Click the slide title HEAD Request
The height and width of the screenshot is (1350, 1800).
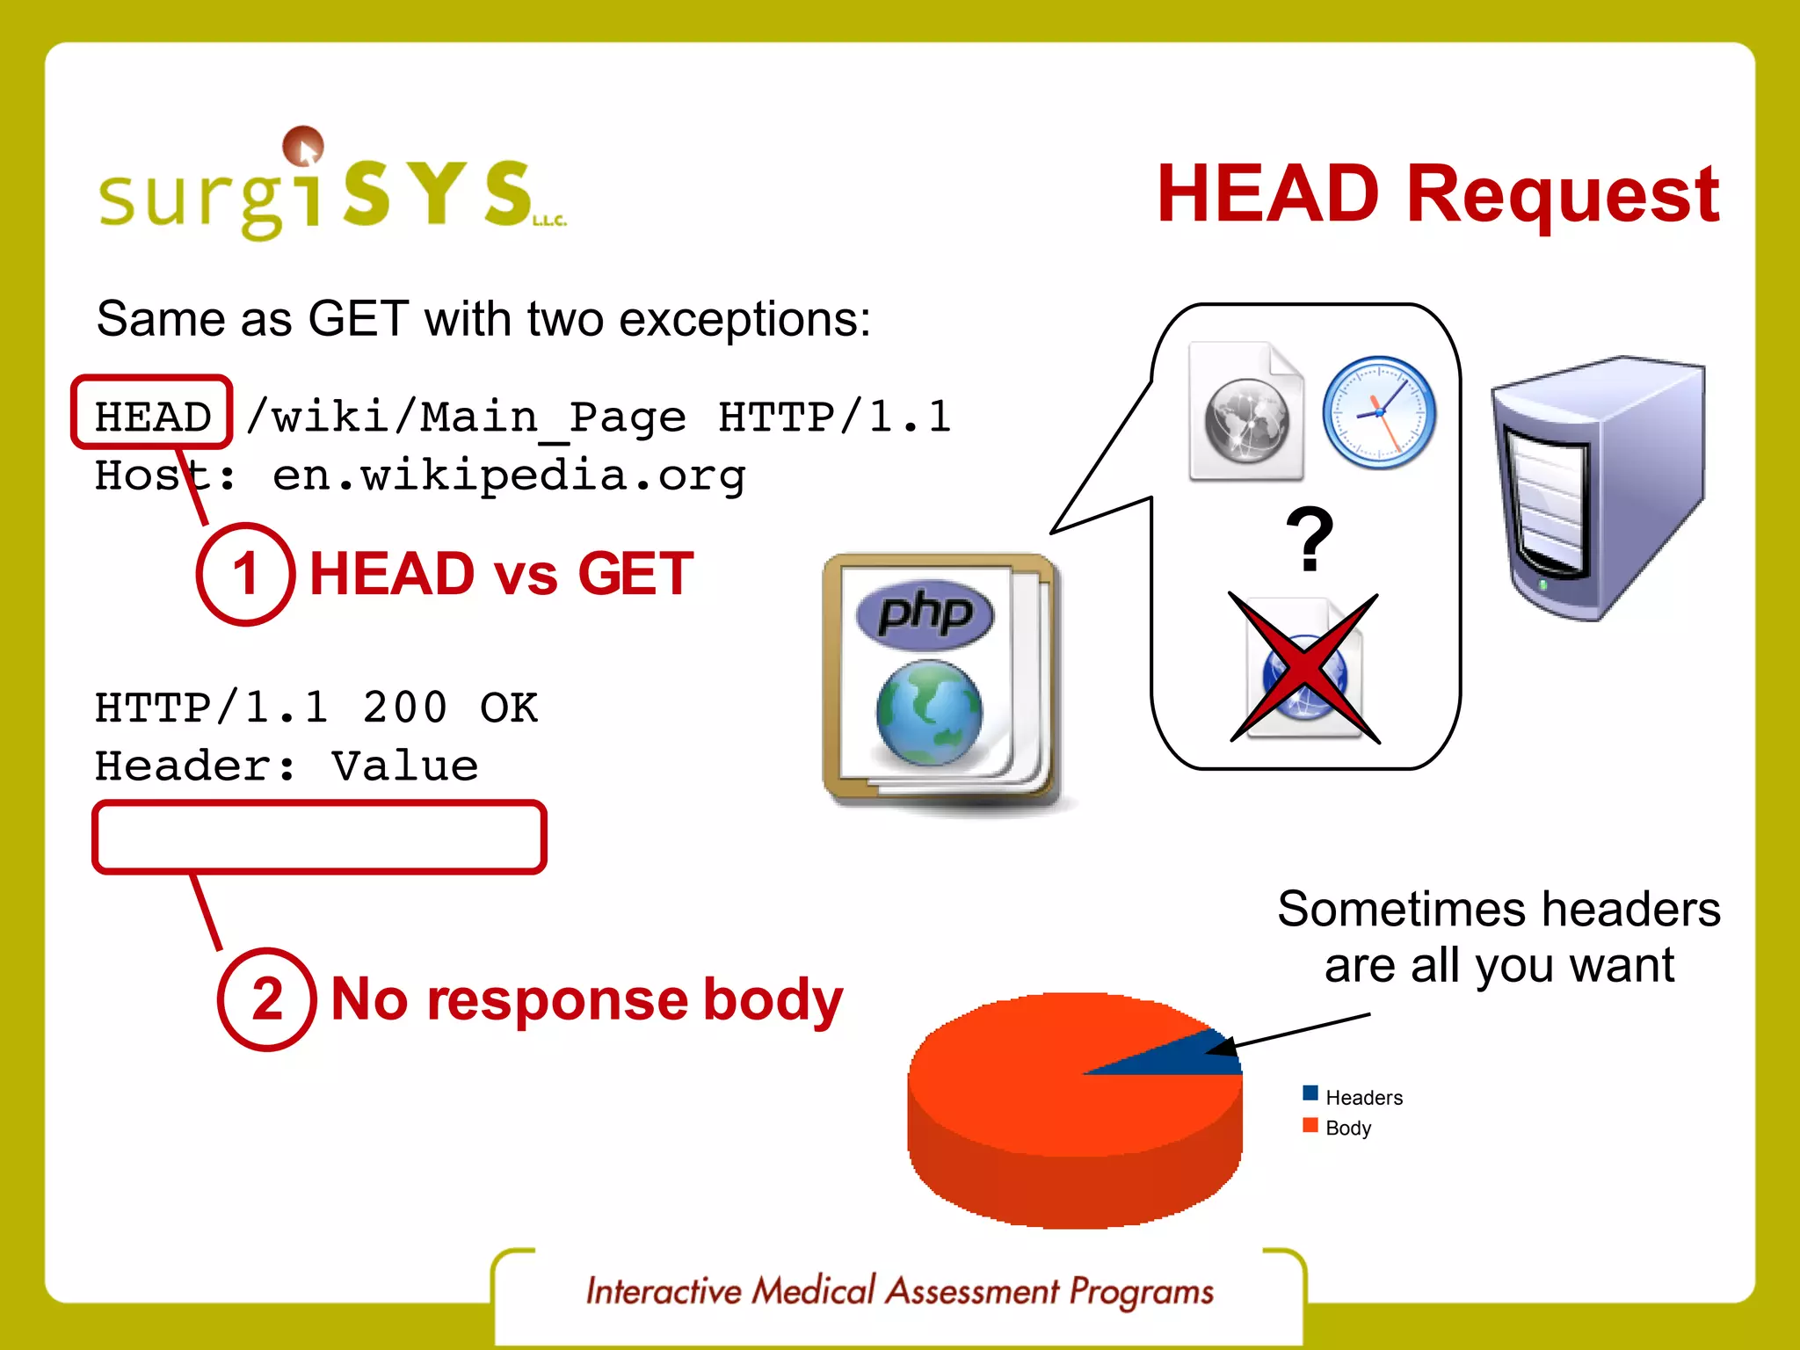(1437, 194)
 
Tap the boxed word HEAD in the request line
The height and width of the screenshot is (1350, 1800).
(153, 415)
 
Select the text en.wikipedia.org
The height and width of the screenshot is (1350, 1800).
(508, 475)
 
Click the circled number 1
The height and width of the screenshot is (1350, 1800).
(245, 574)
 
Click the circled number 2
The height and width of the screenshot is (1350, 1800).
(267, 999)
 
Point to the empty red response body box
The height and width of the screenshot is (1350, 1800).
(319, 837)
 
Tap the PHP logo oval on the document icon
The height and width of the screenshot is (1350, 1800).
(925, 613)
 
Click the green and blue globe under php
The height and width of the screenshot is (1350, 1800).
(929, 712)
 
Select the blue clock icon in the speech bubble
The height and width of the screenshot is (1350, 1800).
(1378, 412)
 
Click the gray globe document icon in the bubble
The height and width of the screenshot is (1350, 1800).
(1246, 413)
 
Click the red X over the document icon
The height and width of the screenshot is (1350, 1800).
(1304, 669)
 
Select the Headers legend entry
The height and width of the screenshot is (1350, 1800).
(1363, 1097)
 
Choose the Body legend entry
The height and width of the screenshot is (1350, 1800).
(1347, 1128)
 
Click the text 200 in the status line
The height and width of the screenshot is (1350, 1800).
(404, 708)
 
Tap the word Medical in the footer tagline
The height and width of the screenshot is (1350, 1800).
(814, 1291)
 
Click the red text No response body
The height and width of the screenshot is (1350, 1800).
(586, 1000)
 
